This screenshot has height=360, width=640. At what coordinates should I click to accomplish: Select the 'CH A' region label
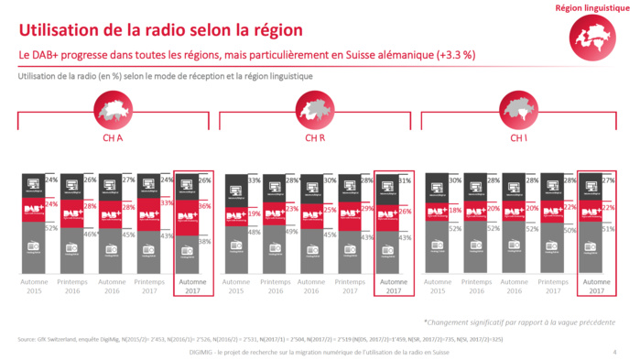[114, 138]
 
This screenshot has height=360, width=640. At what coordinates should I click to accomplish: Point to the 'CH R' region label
[316, 138]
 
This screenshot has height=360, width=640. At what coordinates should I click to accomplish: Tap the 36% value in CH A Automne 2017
[206, 207]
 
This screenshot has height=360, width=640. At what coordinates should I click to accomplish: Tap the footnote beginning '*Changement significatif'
[519, 322]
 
